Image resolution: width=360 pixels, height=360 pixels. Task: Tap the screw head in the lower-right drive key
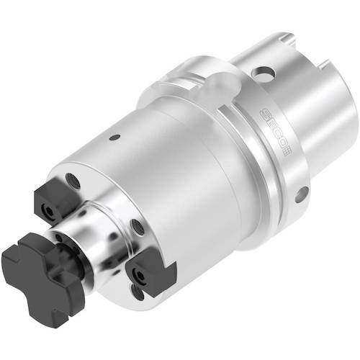point(139,278)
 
